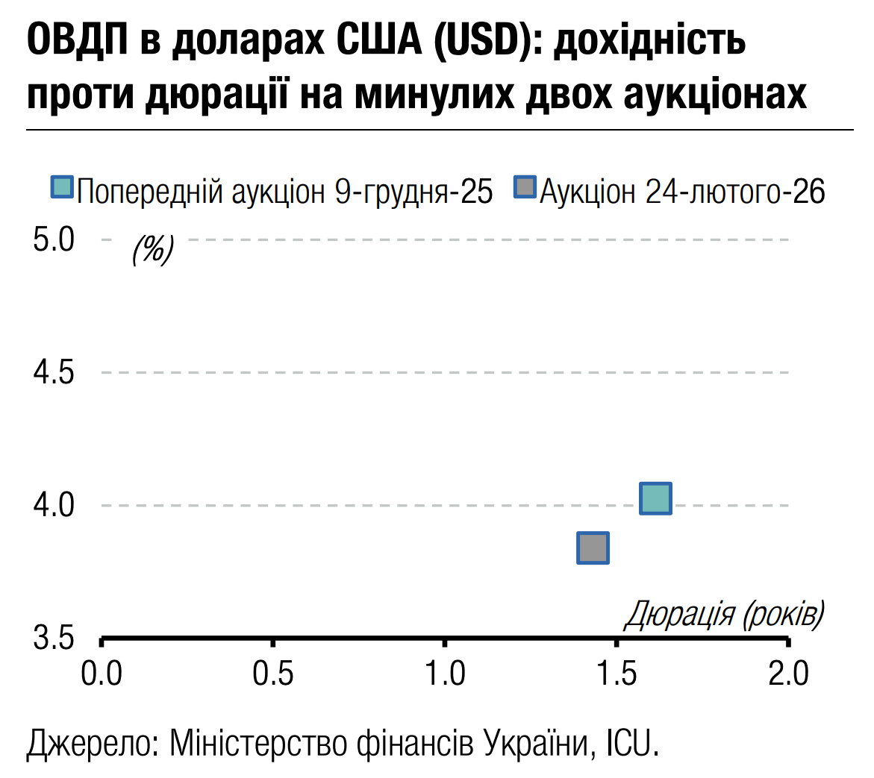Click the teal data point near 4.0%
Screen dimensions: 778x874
click(655, 498)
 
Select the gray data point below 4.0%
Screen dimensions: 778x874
click(593, 548)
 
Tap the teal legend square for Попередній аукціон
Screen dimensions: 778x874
click(62, 187)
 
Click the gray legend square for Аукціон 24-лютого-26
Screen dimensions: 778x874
click(525, 187)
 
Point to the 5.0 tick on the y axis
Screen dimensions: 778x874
click(54, 240)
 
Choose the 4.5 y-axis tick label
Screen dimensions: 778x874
click(54, 372)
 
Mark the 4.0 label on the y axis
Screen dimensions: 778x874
click(54, 505)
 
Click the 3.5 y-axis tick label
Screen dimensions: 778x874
click(54, 639)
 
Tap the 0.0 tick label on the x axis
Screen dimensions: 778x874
click(102, 674)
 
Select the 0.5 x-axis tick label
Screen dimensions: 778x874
click(273, 674)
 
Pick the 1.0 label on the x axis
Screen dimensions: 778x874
click(445, 674)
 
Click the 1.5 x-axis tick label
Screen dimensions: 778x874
click(617, 674)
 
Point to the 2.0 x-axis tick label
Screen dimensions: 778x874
click(788, 674)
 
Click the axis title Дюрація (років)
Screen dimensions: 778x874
click(723, 615)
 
